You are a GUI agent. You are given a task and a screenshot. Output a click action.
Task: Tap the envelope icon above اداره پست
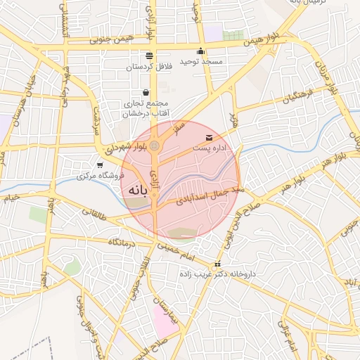208,136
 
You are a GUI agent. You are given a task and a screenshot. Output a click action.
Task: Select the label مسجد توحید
201,62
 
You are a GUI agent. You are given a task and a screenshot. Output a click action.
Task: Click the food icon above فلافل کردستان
149,55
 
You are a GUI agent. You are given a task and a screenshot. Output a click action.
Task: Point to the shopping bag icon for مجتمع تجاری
146,92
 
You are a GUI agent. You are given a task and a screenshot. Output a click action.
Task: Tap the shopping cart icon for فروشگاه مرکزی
99,164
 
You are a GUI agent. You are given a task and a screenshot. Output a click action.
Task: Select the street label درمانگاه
122,242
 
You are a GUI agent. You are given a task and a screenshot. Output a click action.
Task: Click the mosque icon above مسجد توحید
201,51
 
